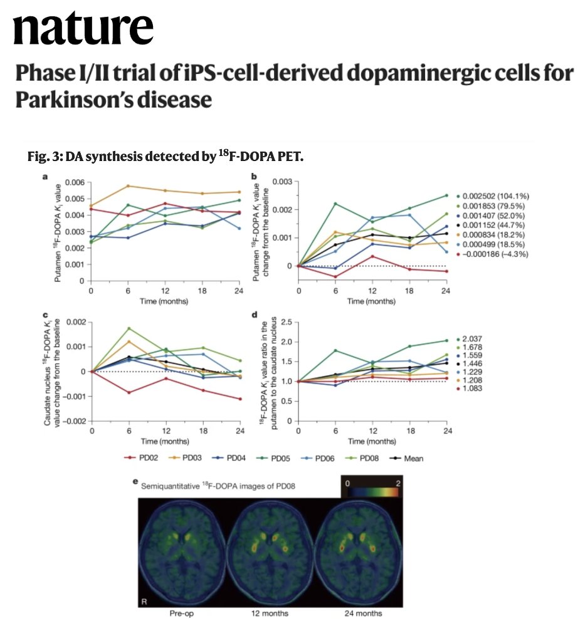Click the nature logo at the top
pos(83,28)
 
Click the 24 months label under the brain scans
pos(361,613)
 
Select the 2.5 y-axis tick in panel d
pos(288,322)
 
